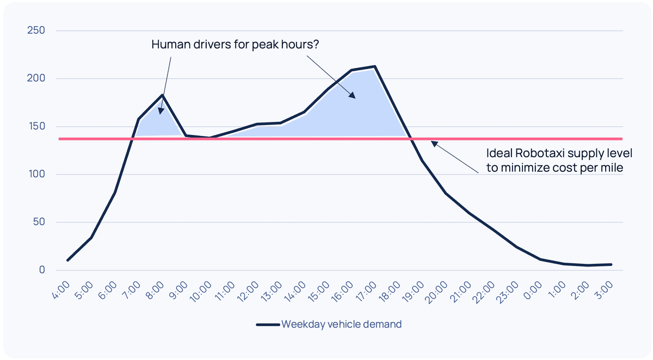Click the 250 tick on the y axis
(36, 30)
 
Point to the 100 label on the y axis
(36, 175)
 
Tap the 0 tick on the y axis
(41, 270)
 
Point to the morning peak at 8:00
(162, 95)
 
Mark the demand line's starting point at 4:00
(67, 260)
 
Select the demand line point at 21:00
(470, 213)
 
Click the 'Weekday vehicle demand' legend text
(341, 325)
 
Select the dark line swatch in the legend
(268, 325)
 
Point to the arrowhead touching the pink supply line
(433, 144)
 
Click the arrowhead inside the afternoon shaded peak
(352, 96)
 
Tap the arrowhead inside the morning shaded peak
(161, 111)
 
